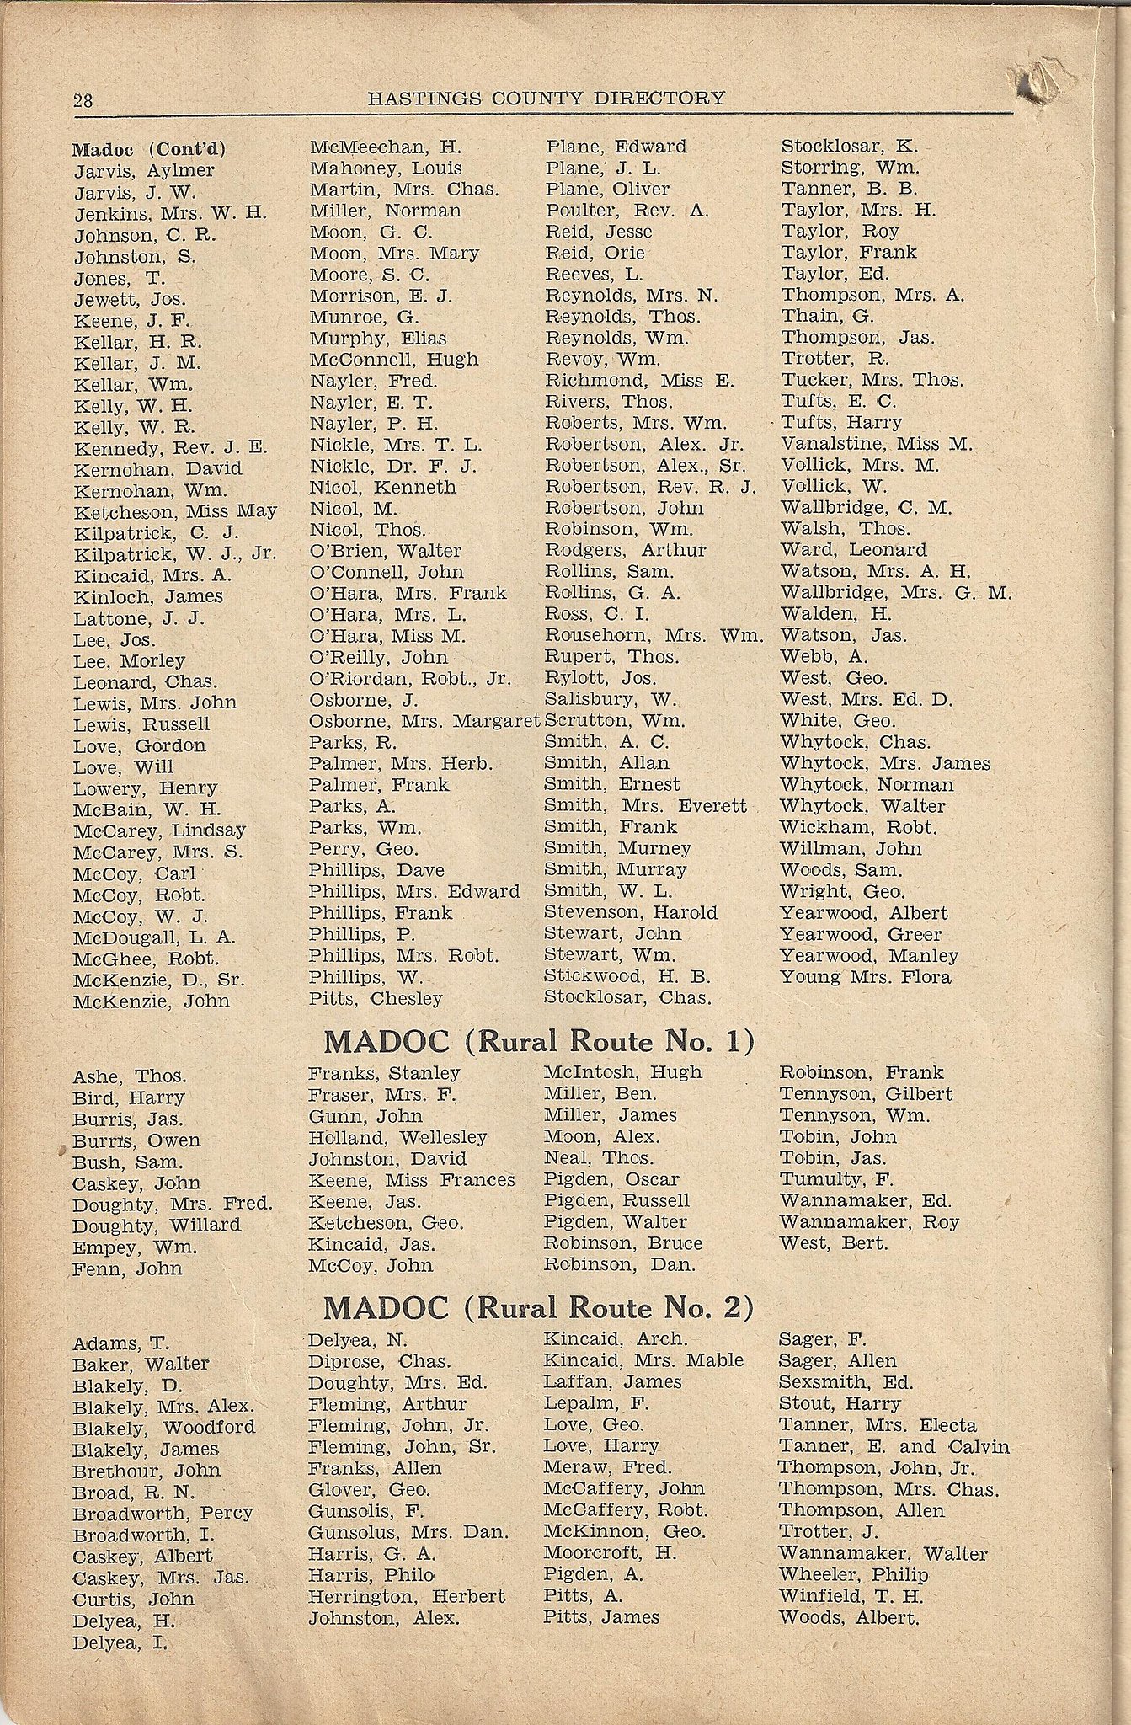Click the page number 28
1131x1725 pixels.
coord(83,100)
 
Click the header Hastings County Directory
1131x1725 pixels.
coord(546,98)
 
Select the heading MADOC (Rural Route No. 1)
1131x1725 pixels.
coord(538,1042)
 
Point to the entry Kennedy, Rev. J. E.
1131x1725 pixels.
coord(170,447)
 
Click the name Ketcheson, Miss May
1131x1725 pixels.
coord(175,511)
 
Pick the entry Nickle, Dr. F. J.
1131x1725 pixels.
coord(393,466)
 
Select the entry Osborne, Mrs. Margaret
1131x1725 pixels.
coord(424,721)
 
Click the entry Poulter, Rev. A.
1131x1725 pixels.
coord(627,211)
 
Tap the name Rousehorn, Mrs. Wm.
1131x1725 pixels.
coord(654,635)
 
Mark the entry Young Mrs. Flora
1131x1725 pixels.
coord(865,977)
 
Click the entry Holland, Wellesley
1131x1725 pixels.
coord(397,1137)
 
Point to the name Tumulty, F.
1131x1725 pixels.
coord(836,1179)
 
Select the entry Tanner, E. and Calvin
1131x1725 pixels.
coord(894,1447)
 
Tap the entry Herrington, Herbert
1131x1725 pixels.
coord(407,1596)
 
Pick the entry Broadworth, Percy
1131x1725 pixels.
coord(163,1513)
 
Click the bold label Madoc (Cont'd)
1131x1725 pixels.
coord(149,150)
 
